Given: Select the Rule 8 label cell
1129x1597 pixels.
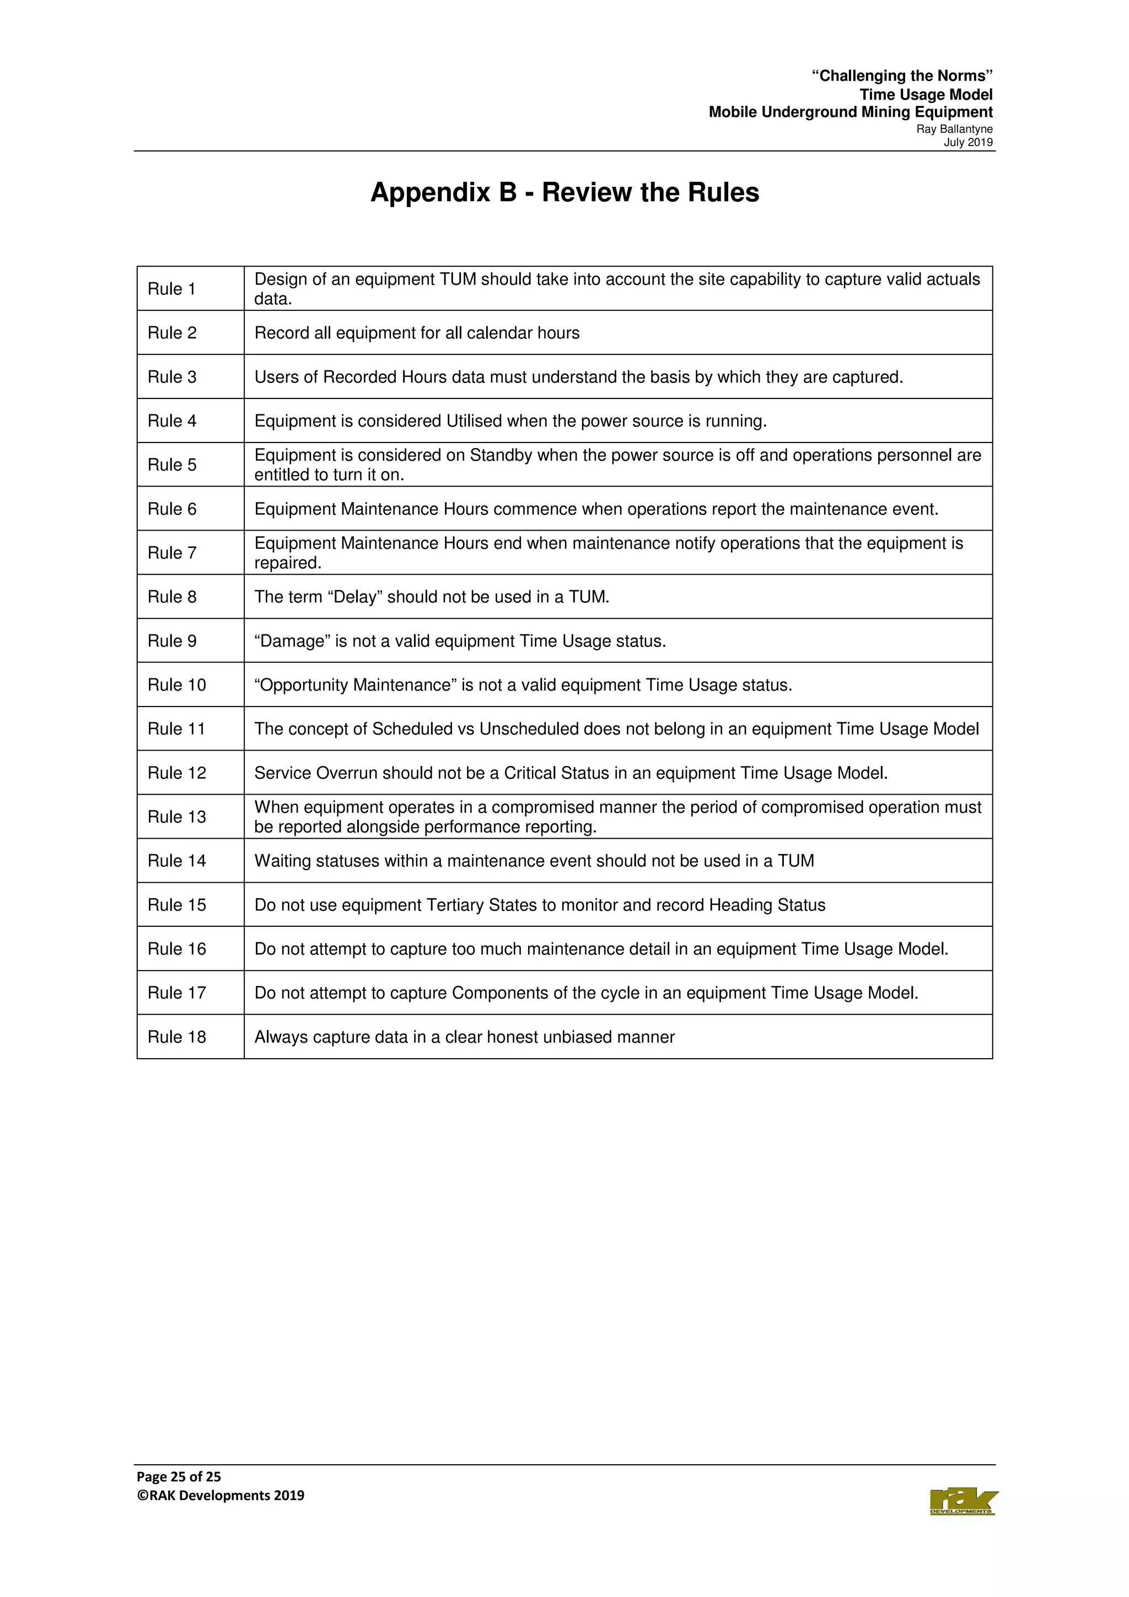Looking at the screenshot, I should (x=172, y=597).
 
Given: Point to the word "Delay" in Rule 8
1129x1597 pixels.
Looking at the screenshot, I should (x=355, y=597).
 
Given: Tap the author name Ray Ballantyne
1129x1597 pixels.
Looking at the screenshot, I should (x=954, y=129).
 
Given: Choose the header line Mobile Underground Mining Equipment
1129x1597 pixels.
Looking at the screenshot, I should (x=850, y=112).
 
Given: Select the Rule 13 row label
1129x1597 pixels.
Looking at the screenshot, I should (x=177, y=817).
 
